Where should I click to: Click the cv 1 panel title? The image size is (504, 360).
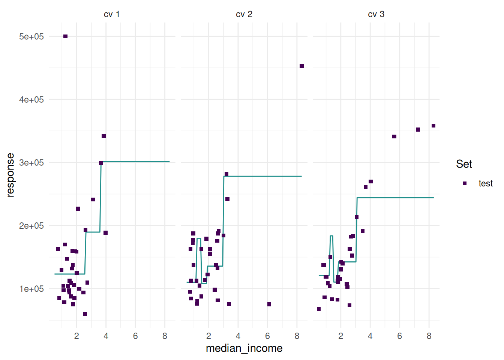[111, 14]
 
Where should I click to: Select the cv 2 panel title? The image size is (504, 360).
[244, 14]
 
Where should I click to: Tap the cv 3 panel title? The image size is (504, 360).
[376, 14]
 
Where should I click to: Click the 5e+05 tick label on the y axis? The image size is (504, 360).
[31, 36]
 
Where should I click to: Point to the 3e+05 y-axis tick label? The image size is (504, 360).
[31, 162]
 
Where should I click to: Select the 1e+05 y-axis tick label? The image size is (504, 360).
[31, 289]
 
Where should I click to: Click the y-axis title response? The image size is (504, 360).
[10, 175]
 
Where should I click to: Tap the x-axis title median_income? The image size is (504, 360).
[244, 348]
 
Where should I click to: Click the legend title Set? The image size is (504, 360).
[464, 164]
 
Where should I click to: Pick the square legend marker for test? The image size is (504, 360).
[465, 183]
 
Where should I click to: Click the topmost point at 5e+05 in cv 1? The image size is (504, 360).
[66, 36]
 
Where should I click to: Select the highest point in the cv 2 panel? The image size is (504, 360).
[302, 66]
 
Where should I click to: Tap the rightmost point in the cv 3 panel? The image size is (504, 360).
[433, 126]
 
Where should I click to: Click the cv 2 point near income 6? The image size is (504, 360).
[269, 304]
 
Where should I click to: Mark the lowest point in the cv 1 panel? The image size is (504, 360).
[85, 314]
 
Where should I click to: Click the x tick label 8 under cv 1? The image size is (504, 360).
[165, 336]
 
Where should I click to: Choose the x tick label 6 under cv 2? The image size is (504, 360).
[267, 336]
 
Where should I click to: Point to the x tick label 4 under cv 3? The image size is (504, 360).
[370, 336]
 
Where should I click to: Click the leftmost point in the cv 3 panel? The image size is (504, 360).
[319, 309]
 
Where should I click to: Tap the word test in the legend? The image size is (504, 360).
[486, 183]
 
